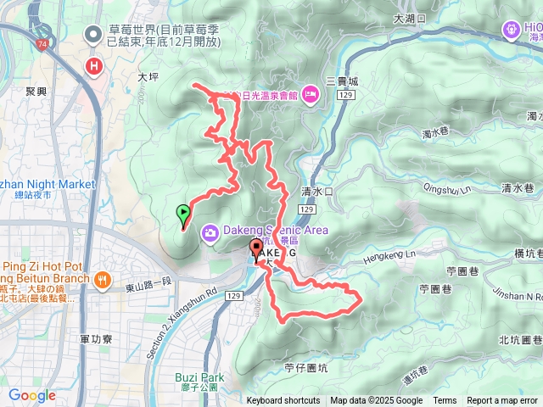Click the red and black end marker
256,248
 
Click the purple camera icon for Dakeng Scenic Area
210,231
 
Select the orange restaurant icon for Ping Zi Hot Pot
101,279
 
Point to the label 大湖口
411,18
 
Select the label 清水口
317,192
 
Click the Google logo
32,395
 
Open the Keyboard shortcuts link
283,401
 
